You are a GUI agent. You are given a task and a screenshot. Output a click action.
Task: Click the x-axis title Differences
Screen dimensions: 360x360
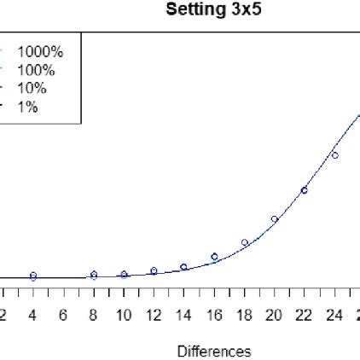(x=214, y=351)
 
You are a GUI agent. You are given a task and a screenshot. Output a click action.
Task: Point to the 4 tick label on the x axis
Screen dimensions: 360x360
(x=33, y=316)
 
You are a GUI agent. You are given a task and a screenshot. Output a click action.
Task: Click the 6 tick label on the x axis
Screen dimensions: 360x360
(x=63, y=316)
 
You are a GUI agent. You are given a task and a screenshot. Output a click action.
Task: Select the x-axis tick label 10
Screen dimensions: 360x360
(x=124, y=316)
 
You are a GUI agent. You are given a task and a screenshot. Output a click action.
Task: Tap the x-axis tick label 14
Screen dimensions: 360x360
(x=183, y=316)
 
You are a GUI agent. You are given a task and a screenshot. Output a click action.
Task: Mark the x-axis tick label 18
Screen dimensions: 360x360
(x=244, y=316)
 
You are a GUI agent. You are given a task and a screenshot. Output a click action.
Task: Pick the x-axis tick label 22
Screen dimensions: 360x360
(x=304, y=316)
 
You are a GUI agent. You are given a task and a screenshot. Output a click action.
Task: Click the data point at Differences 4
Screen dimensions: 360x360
(x=33, y=276)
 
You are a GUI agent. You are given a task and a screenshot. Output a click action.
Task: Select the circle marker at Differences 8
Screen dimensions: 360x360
(x=94, y=275)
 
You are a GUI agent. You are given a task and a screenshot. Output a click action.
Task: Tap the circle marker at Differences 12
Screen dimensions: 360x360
(x=154, y=270)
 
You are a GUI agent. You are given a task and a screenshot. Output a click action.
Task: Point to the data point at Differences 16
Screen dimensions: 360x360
(x=214, y=256)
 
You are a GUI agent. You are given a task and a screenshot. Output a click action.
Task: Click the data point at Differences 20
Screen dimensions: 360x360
(x=275, y=219)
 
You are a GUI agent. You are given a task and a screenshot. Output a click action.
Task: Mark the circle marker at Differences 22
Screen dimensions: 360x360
(x=304, y=190)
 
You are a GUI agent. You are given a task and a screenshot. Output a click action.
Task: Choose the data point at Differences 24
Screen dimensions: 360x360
(x=334, y=155)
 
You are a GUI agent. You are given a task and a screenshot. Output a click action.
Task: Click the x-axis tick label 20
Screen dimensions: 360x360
(x=274, y=316)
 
